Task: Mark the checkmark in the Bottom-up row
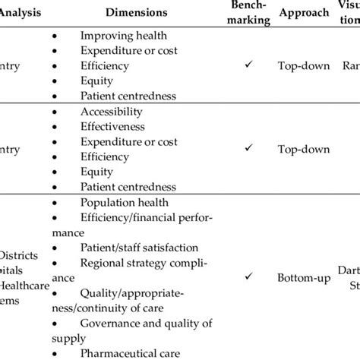click(249, 279)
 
